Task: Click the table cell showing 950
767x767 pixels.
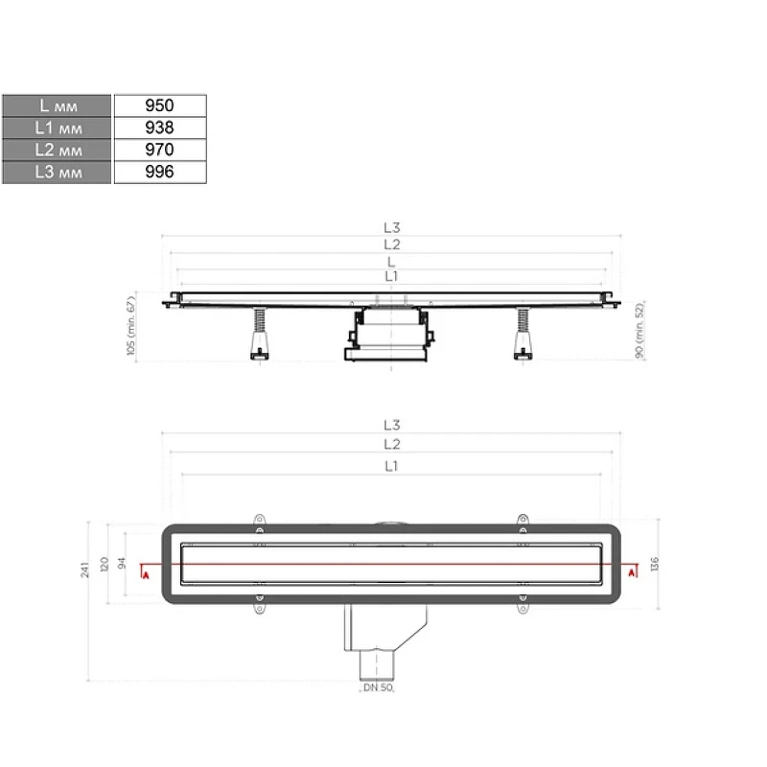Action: tap(160, 105)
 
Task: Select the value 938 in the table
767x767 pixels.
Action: tap(160, 128)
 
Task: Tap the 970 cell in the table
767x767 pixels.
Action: tap(160, 150)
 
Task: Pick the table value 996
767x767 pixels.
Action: tap(160, 172)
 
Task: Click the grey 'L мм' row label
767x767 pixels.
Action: tap(57, 105)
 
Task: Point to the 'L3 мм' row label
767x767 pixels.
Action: tap(57, 173)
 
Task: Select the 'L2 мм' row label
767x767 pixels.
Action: tap(57, 150)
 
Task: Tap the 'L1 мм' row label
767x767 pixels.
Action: tap(57, 128)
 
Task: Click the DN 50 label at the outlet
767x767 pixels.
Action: tap(378, 687)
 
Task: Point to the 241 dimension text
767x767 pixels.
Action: tap(84, 569)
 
